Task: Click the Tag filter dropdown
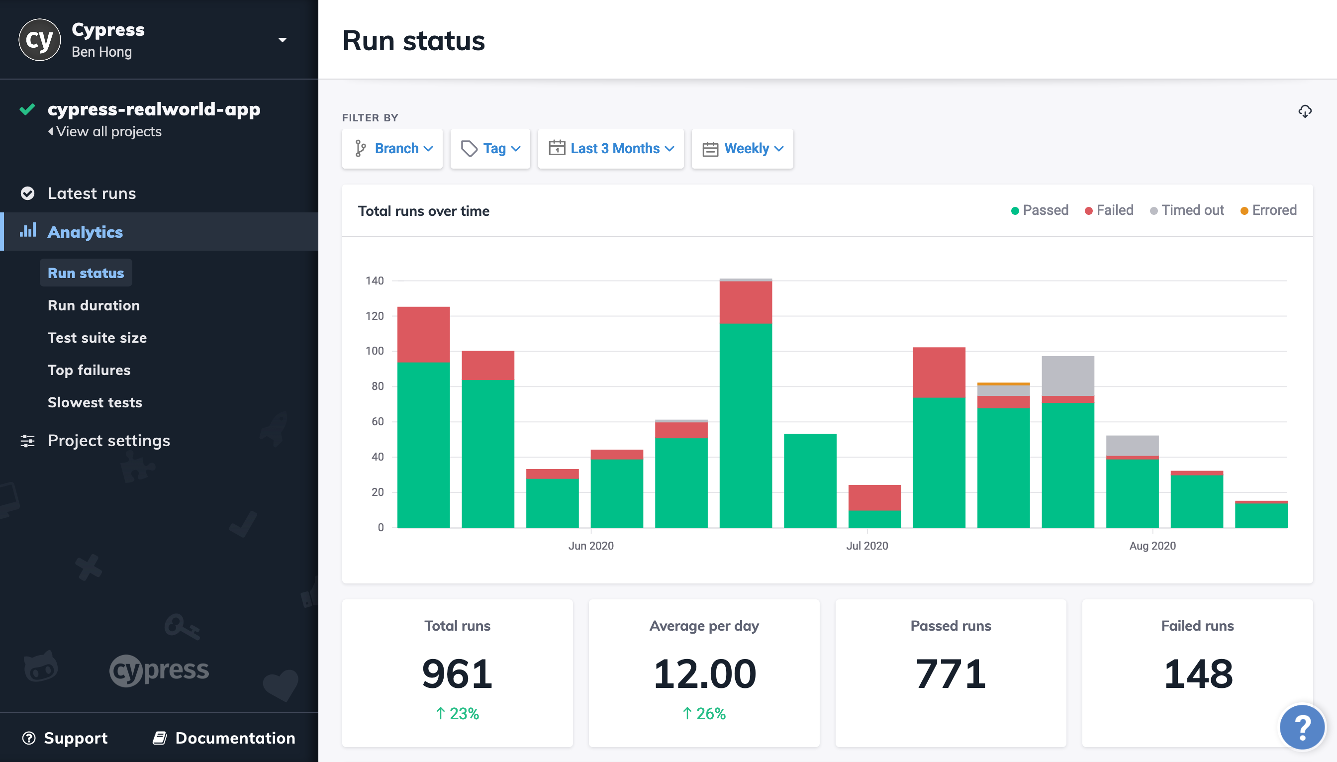pos(490,149)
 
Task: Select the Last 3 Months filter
pos(610,149)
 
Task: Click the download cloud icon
pos(1305,111)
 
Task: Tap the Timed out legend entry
pos(1186,210)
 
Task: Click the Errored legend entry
pos(1268,210)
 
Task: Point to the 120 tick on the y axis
pos(374,316)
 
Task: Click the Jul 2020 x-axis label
pos(866,546)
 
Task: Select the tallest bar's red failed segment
pos(745,302)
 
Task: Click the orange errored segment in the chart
pos(1003,383)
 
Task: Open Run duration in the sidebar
pos(94,305)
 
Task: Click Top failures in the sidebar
pos(89,370)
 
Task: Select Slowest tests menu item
pos(95,402)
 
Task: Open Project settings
pos(108,441)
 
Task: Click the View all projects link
pos(108,132)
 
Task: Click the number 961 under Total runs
pos(457,674)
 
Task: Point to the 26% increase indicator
pos(704,713)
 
